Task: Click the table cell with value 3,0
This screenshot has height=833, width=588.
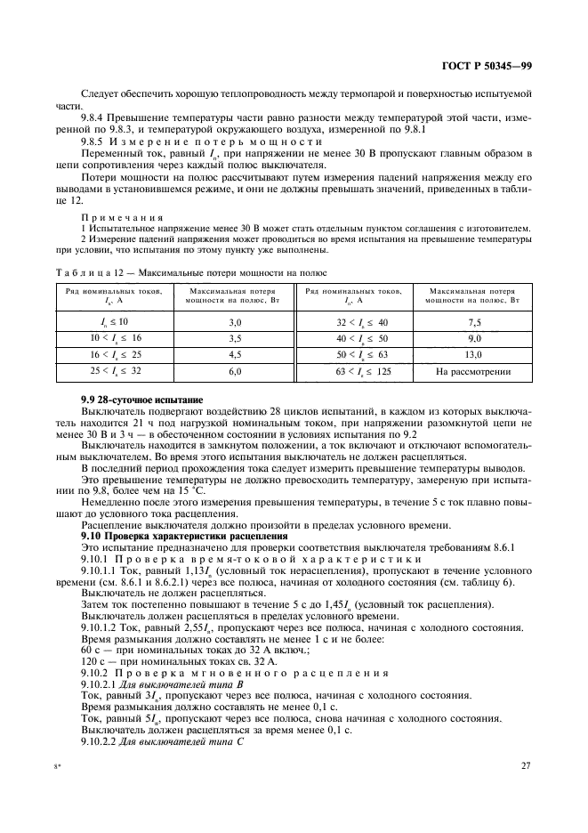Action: (x=236, y=321)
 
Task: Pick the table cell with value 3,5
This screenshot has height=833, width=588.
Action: (x=236, y=338)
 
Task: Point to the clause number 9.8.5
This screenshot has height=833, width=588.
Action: (x=94, y=142)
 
